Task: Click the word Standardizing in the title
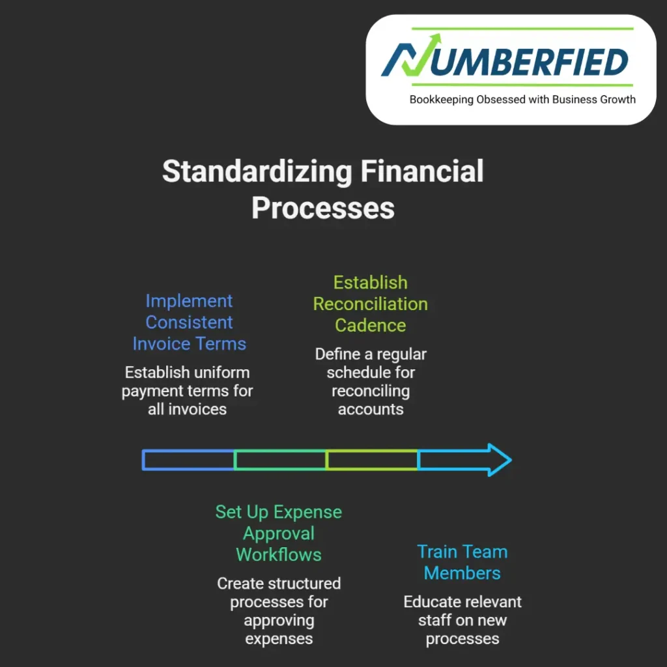(x=257, y=172)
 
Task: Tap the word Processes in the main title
(x=323, y=208)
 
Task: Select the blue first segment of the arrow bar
(x=188, y=460)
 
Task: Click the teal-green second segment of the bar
(x=280, y=460)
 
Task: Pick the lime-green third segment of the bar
(x=372, y=460)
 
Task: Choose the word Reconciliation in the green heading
(x=371, y=304)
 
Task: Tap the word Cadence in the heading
(x=371, y=325)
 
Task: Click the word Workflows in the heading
(x=279, y=555)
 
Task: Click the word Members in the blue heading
(x=462, y=573)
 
